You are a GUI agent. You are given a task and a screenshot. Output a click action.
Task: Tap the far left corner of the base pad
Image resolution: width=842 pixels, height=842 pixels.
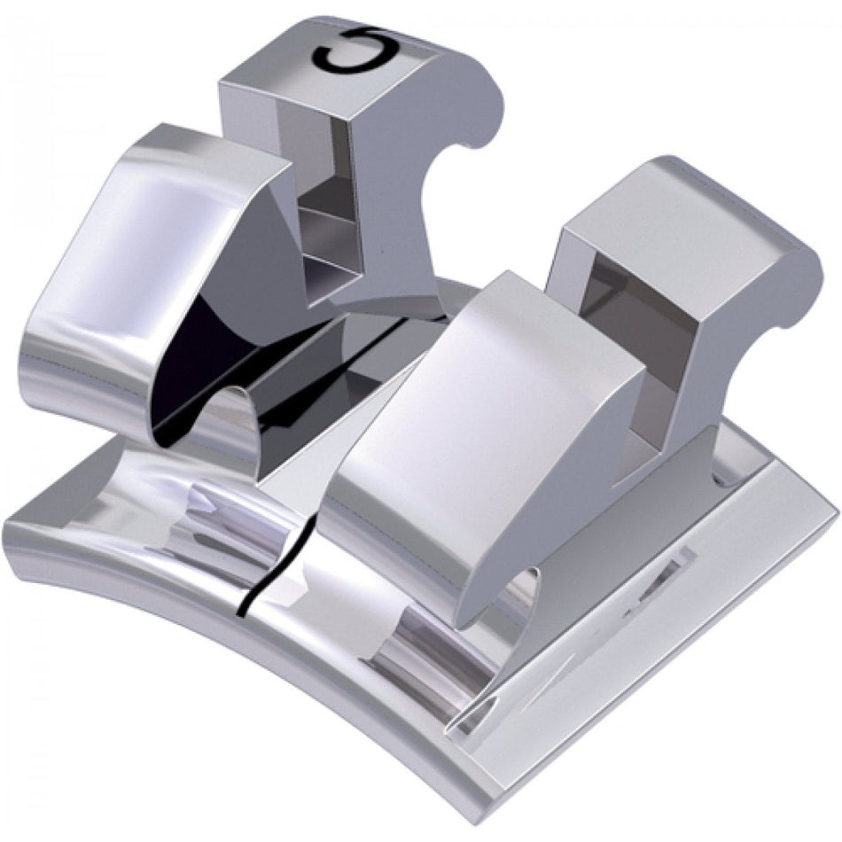click(9, 532)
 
